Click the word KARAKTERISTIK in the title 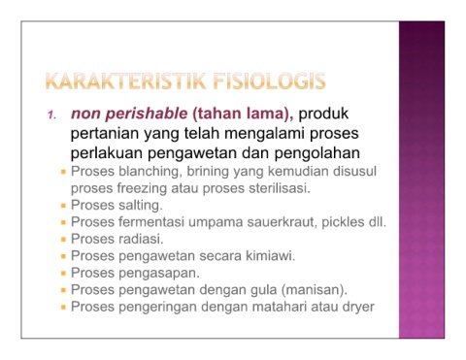click(x=126, y=81)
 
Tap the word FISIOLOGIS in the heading click(x=269, y=81)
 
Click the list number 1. click(x=51, y=115)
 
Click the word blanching click(x=150, y=172)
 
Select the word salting click(x=141, y=205)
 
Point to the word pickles click(x=343, y=222)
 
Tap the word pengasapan click(x=159, y=274)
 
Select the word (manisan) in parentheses click(x=315, y=290)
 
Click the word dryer click(x=358, y=307)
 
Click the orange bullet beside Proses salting click(x=63, y=206)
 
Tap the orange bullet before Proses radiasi click(x=63, y=240)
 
